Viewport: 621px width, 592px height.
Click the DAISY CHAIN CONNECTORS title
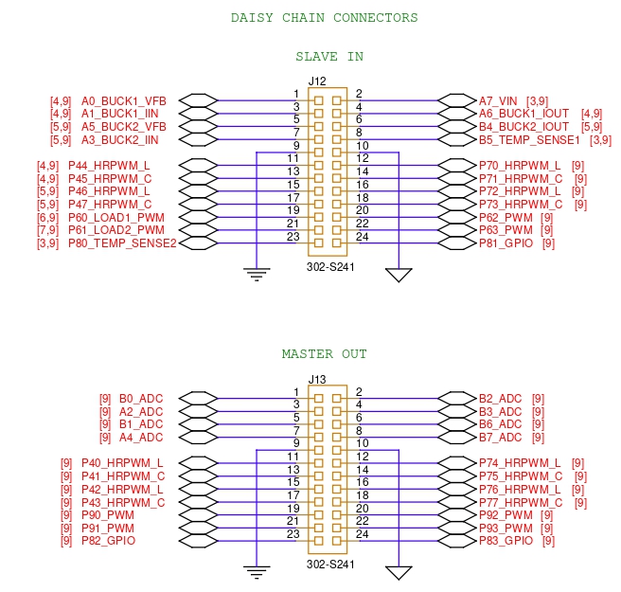[x=324, y=18]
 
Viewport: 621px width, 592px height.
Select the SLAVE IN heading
[x=328, y=57]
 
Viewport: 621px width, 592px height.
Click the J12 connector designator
[x=317, y=81]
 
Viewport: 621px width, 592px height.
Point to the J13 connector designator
[x=317, y=380]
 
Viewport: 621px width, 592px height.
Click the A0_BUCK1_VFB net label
[x=124, y=100]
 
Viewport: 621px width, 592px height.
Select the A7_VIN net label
[x=498, y=100]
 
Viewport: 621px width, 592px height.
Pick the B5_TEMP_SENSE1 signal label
[x=529, y=140]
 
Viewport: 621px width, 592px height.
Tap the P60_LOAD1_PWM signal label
[x=116, y=217]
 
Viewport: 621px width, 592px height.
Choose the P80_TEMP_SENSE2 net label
[x=122, y=243]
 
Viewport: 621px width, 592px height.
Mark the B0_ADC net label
[x=141, y=399]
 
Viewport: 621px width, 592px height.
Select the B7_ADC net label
[x=500, y=438]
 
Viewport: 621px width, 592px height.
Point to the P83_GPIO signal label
[x=506, y=541]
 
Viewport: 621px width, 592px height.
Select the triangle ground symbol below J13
[x=399, y=572]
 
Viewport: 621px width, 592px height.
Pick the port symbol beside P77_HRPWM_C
[x=457, y=502]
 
